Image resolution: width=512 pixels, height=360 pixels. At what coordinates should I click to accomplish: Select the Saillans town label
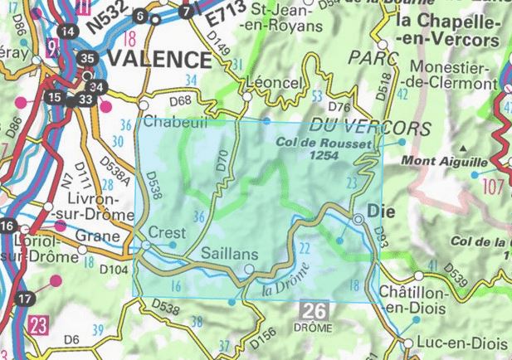tap(230, 253)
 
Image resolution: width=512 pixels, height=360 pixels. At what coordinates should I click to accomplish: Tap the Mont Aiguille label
tap(432, 162)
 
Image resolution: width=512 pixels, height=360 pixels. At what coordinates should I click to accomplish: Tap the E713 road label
tap(222, 17)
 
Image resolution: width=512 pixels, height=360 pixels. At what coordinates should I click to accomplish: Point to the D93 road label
tap(381, 234)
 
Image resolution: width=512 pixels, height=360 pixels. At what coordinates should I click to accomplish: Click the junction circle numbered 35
tap(89, 58)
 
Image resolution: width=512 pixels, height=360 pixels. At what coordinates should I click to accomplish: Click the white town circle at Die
tap(358, 220)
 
